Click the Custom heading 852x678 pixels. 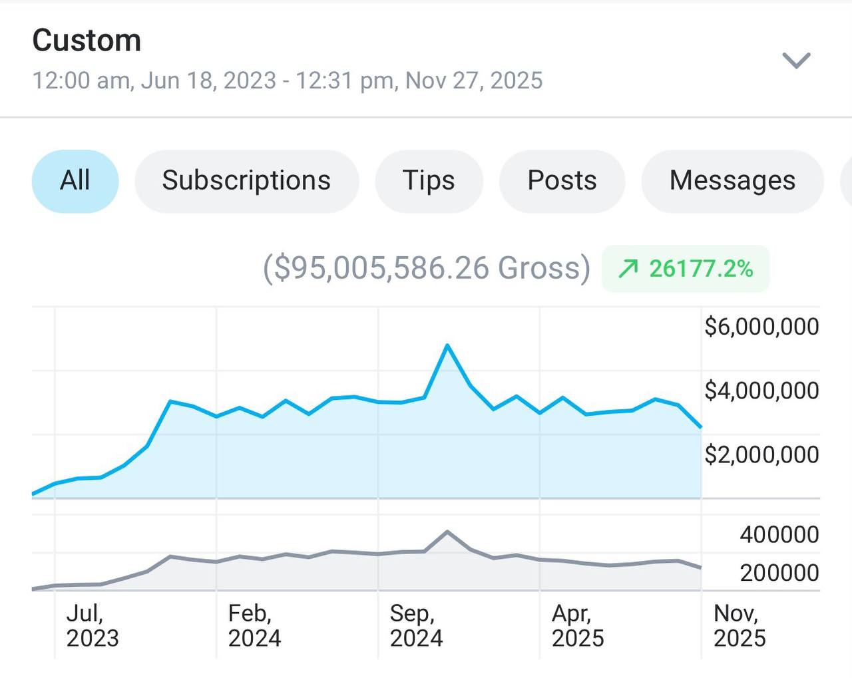[87, 41]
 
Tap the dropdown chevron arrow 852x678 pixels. [795, 61]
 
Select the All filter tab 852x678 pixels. [75, 181]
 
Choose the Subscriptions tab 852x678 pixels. [246, 181]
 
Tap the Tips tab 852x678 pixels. [429, 181]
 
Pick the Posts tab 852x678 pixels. [562, 181]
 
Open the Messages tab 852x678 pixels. [732, 181]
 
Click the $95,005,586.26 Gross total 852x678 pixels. [427, 268]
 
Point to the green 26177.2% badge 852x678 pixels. [686, 269]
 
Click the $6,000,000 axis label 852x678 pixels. [761, 327]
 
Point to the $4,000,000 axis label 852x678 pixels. [761, 391]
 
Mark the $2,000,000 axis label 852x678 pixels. [761, 454]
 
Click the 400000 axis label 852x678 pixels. [779, 534]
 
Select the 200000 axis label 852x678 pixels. [779, 572]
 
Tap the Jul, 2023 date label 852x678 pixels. [93, 625]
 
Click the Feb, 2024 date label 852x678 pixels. [254, 625]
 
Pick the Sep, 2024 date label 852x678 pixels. [416, 625]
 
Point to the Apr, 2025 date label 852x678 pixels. [578, 625]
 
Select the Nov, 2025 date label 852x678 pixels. [740, 625]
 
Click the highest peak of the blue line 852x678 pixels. [447, 345]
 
